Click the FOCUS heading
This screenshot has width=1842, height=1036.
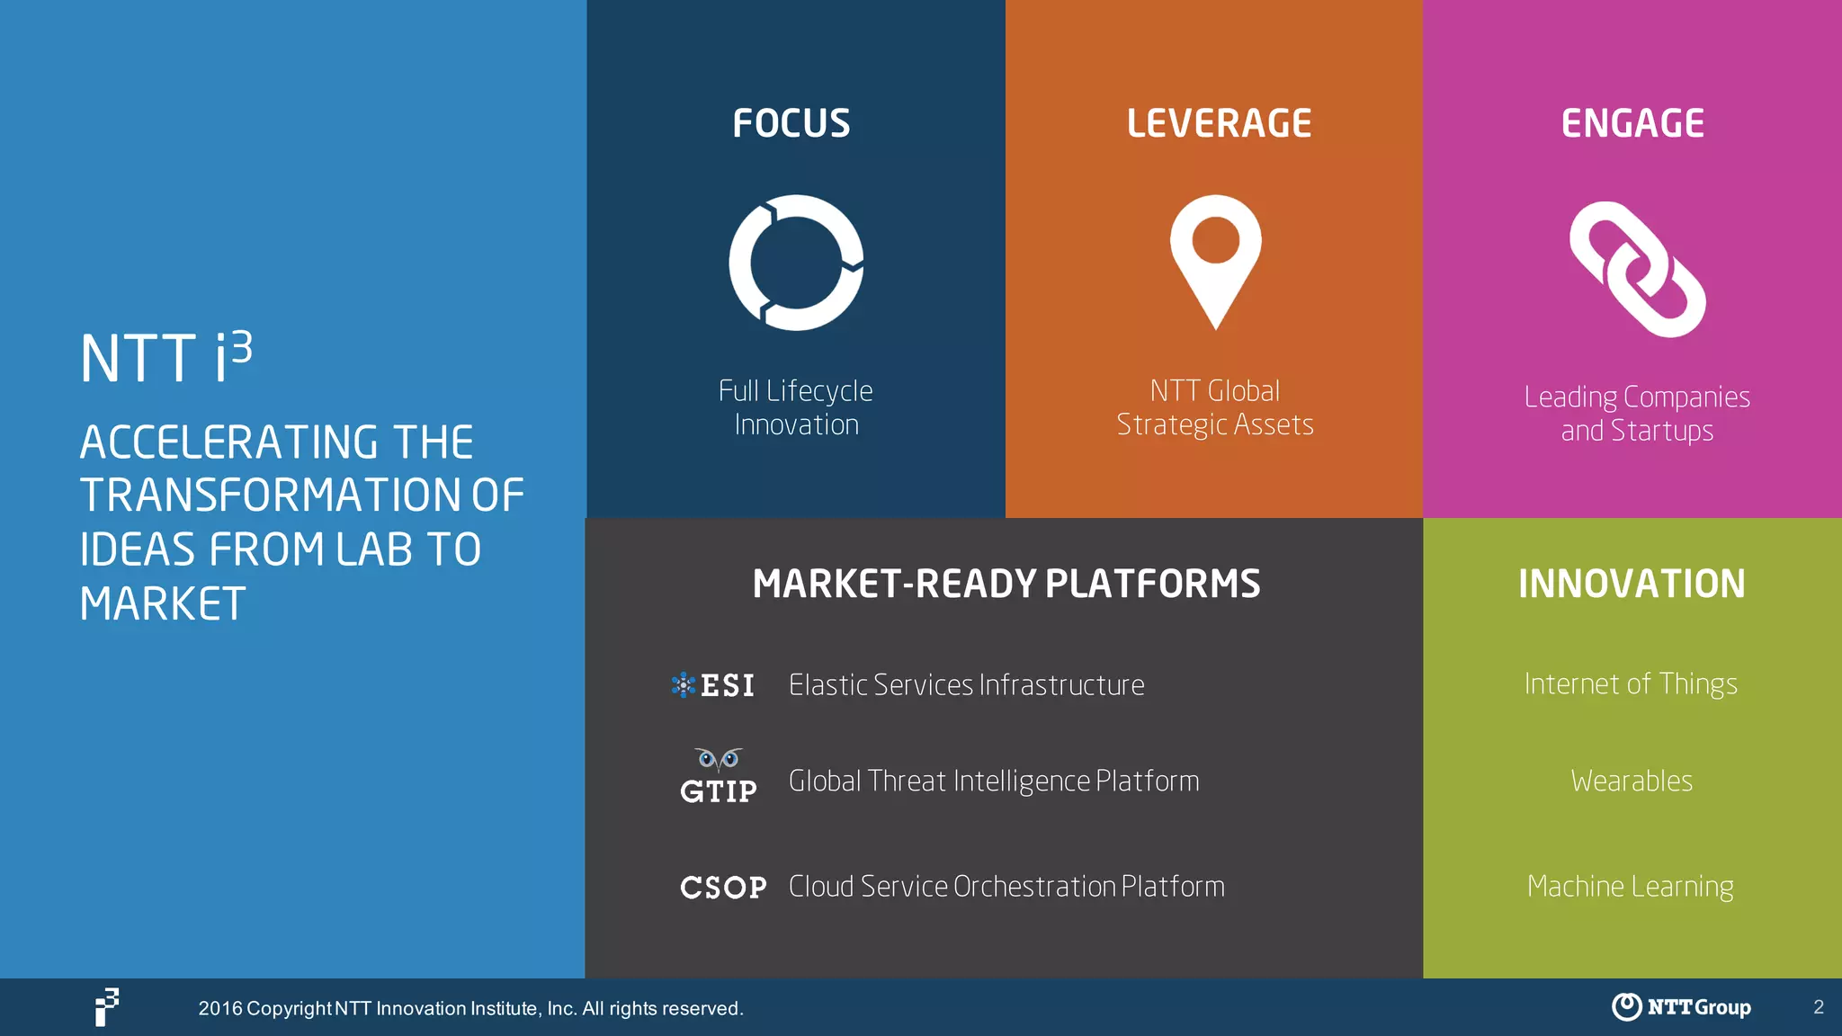[791, 123]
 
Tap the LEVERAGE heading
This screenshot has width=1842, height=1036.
[1219, 123]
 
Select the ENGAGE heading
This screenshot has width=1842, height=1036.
[1632, 123]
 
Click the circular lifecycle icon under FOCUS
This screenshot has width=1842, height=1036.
[796, 263]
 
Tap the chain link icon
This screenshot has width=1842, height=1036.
[1637, 269]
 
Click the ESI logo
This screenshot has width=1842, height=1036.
[713, 685]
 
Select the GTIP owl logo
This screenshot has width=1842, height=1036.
[719, 777]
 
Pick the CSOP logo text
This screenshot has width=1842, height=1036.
[723, 888]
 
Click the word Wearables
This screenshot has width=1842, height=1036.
[1632, 781]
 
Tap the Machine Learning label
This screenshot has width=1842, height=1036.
[1630, 887]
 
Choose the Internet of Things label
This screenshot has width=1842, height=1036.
[1631, 684]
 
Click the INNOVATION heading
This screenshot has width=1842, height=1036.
[1632, 584]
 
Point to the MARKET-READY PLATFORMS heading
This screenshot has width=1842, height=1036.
[1006, 584]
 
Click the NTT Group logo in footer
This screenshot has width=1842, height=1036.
[1681, 1006]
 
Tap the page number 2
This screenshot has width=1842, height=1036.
[1819, 1007]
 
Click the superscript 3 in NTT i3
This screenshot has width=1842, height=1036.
[240, 347]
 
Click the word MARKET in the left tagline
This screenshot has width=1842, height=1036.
[163, 603]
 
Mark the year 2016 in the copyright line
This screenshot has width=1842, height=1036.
[220, 1008]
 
